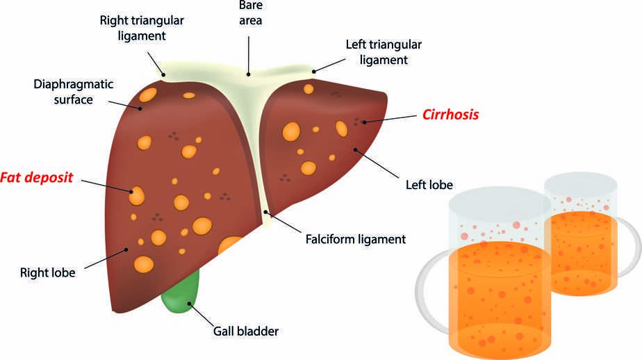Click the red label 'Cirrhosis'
point(451,115)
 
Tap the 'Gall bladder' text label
point(245,331)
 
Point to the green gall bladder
point(182,292)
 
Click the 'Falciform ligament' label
point(355,240)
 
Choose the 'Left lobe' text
point(429,185)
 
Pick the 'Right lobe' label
point(47,272)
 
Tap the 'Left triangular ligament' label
point(384,52)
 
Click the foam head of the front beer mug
point(500,216)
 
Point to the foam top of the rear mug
point(582,194)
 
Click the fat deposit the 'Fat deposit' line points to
point(136,195)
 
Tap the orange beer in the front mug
point(499,292)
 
